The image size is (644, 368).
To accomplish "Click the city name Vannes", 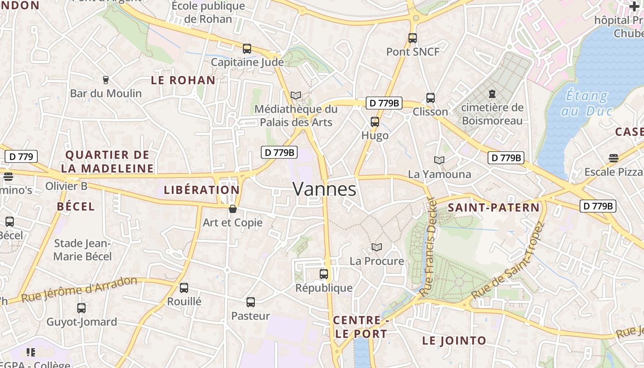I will click(x=324, y=189).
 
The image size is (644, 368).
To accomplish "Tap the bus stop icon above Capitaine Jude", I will click(x=247, y=49).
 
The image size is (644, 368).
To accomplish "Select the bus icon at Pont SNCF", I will click(x=413, y=38).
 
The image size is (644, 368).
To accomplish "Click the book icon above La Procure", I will click(x=377, y=247).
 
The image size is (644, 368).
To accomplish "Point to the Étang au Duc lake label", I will click(x=586, y=103).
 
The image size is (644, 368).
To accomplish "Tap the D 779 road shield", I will click(x=21, y=156).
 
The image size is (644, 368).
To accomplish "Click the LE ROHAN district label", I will click(x=183, y=80).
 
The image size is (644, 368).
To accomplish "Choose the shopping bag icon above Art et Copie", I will click(x=233, y=209).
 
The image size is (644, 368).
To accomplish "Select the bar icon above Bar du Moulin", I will click(x=106, y=80).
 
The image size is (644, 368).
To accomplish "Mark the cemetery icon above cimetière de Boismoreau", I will click(x=492, y=94).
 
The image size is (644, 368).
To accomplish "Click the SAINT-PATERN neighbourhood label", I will click(x=494, y=207).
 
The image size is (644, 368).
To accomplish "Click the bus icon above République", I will click(x=324, y=274).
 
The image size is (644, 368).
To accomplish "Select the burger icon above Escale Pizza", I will click(x=613, y=158).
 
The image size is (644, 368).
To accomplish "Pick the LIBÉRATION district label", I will click(x=202, y=190).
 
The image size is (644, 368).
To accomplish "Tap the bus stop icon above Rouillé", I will click(x=184, y=288).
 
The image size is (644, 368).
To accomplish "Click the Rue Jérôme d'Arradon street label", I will click(x=80, y=289).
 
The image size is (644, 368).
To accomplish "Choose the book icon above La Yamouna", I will click(x=439, y=160).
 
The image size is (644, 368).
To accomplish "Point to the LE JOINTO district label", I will click(x=454, y=341).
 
